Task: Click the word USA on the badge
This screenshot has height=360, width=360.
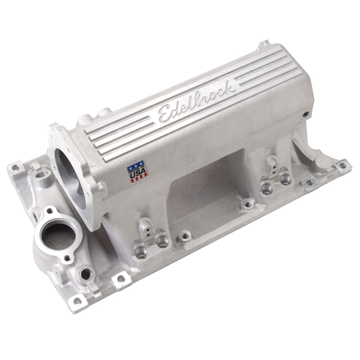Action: pyautogui.click(x=137, y=172)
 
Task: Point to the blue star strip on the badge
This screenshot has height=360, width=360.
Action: pyautogui.click(x=135, y=165)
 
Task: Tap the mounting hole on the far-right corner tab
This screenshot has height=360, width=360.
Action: pyautogui.click(x=343, y=165)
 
